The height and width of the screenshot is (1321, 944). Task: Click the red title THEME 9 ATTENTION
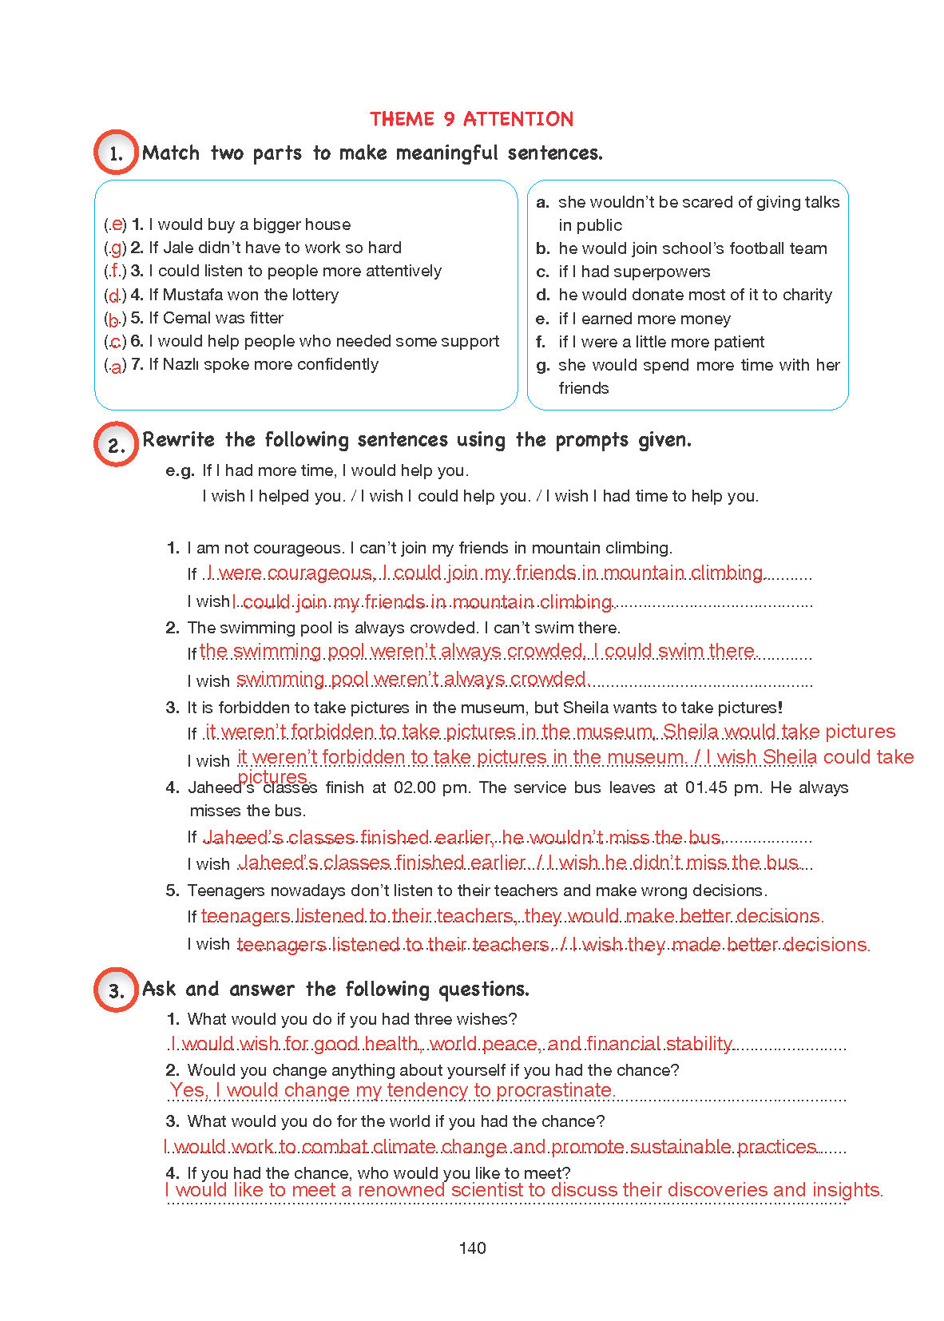[471, 119]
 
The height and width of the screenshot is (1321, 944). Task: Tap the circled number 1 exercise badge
[116, 153]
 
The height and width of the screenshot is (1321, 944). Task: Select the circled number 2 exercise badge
[116, 444]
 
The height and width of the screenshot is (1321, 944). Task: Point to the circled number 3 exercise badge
[116, 990]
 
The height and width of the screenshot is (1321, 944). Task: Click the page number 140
[472, 1248]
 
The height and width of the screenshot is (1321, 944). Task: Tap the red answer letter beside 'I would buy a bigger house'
[117, 224]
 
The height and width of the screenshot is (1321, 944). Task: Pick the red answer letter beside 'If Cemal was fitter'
[114, 319]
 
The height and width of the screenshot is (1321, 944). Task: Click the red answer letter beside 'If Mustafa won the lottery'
[115, 296]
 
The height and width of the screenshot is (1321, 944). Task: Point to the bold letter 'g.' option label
[543, 366]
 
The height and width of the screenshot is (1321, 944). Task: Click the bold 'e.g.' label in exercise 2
[180, 470]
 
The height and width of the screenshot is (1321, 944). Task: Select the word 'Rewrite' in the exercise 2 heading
[178, 439]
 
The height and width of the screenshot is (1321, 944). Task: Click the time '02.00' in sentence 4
[415, 787]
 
